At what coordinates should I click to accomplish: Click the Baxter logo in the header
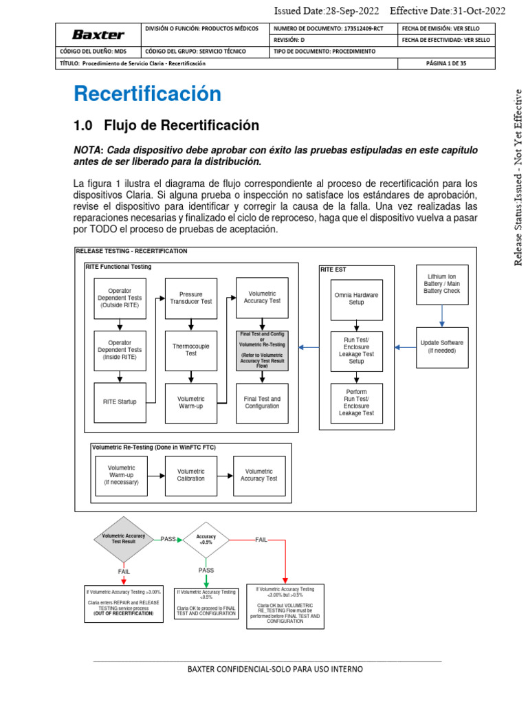98,34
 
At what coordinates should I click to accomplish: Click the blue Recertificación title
147,93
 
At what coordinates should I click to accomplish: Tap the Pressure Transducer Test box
191,298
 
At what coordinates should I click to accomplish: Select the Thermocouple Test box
191,350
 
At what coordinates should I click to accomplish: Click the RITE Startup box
120,402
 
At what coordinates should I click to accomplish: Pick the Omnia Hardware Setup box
356,298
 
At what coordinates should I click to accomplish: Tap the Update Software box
442,346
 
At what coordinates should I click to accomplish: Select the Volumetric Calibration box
191,475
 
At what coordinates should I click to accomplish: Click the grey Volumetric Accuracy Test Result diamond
123,539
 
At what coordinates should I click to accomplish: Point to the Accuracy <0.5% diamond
206,539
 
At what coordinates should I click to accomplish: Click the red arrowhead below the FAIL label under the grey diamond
124,582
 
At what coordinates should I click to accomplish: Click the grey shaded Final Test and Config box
262,350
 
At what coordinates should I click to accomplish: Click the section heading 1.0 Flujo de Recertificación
166,125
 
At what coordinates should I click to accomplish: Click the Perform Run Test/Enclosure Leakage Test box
356,402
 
